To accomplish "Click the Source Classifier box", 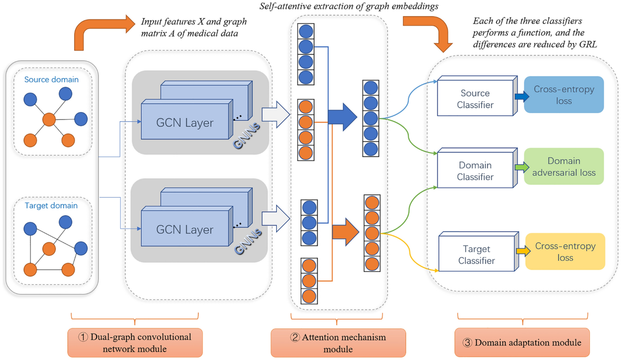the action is [x=477, y=96].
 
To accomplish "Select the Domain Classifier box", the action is [x=477, y=168].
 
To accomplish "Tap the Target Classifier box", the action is [x=478, y=252].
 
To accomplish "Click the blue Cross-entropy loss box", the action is [x=564, y=94].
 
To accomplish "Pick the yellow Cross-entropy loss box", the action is [x=565, y=251].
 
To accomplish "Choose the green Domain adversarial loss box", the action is [x=564, y=166].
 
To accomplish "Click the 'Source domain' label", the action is [x=51, y=79].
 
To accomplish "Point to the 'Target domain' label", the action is [x=51, y=205].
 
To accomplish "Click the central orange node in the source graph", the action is [x=49, y=119].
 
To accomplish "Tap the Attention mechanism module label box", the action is [x=338, y=343].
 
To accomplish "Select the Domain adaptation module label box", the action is [x=522, y=342].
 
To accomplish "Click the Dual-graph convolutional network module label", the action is [x=135, y=343].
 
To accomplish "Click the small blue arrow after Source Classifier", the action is [x=522, y=96].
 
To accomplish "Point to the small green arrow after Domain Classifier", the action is [x=522, y=168].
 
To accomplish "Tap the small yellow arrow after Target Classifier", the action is [x=523, y=251].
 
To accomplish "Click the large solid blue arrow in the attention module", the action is [x=342, y=117].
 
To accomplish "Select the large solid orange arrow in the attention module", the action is [x=345, y=232].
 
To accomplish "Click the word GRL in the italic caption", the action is [x=588, y=45].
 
